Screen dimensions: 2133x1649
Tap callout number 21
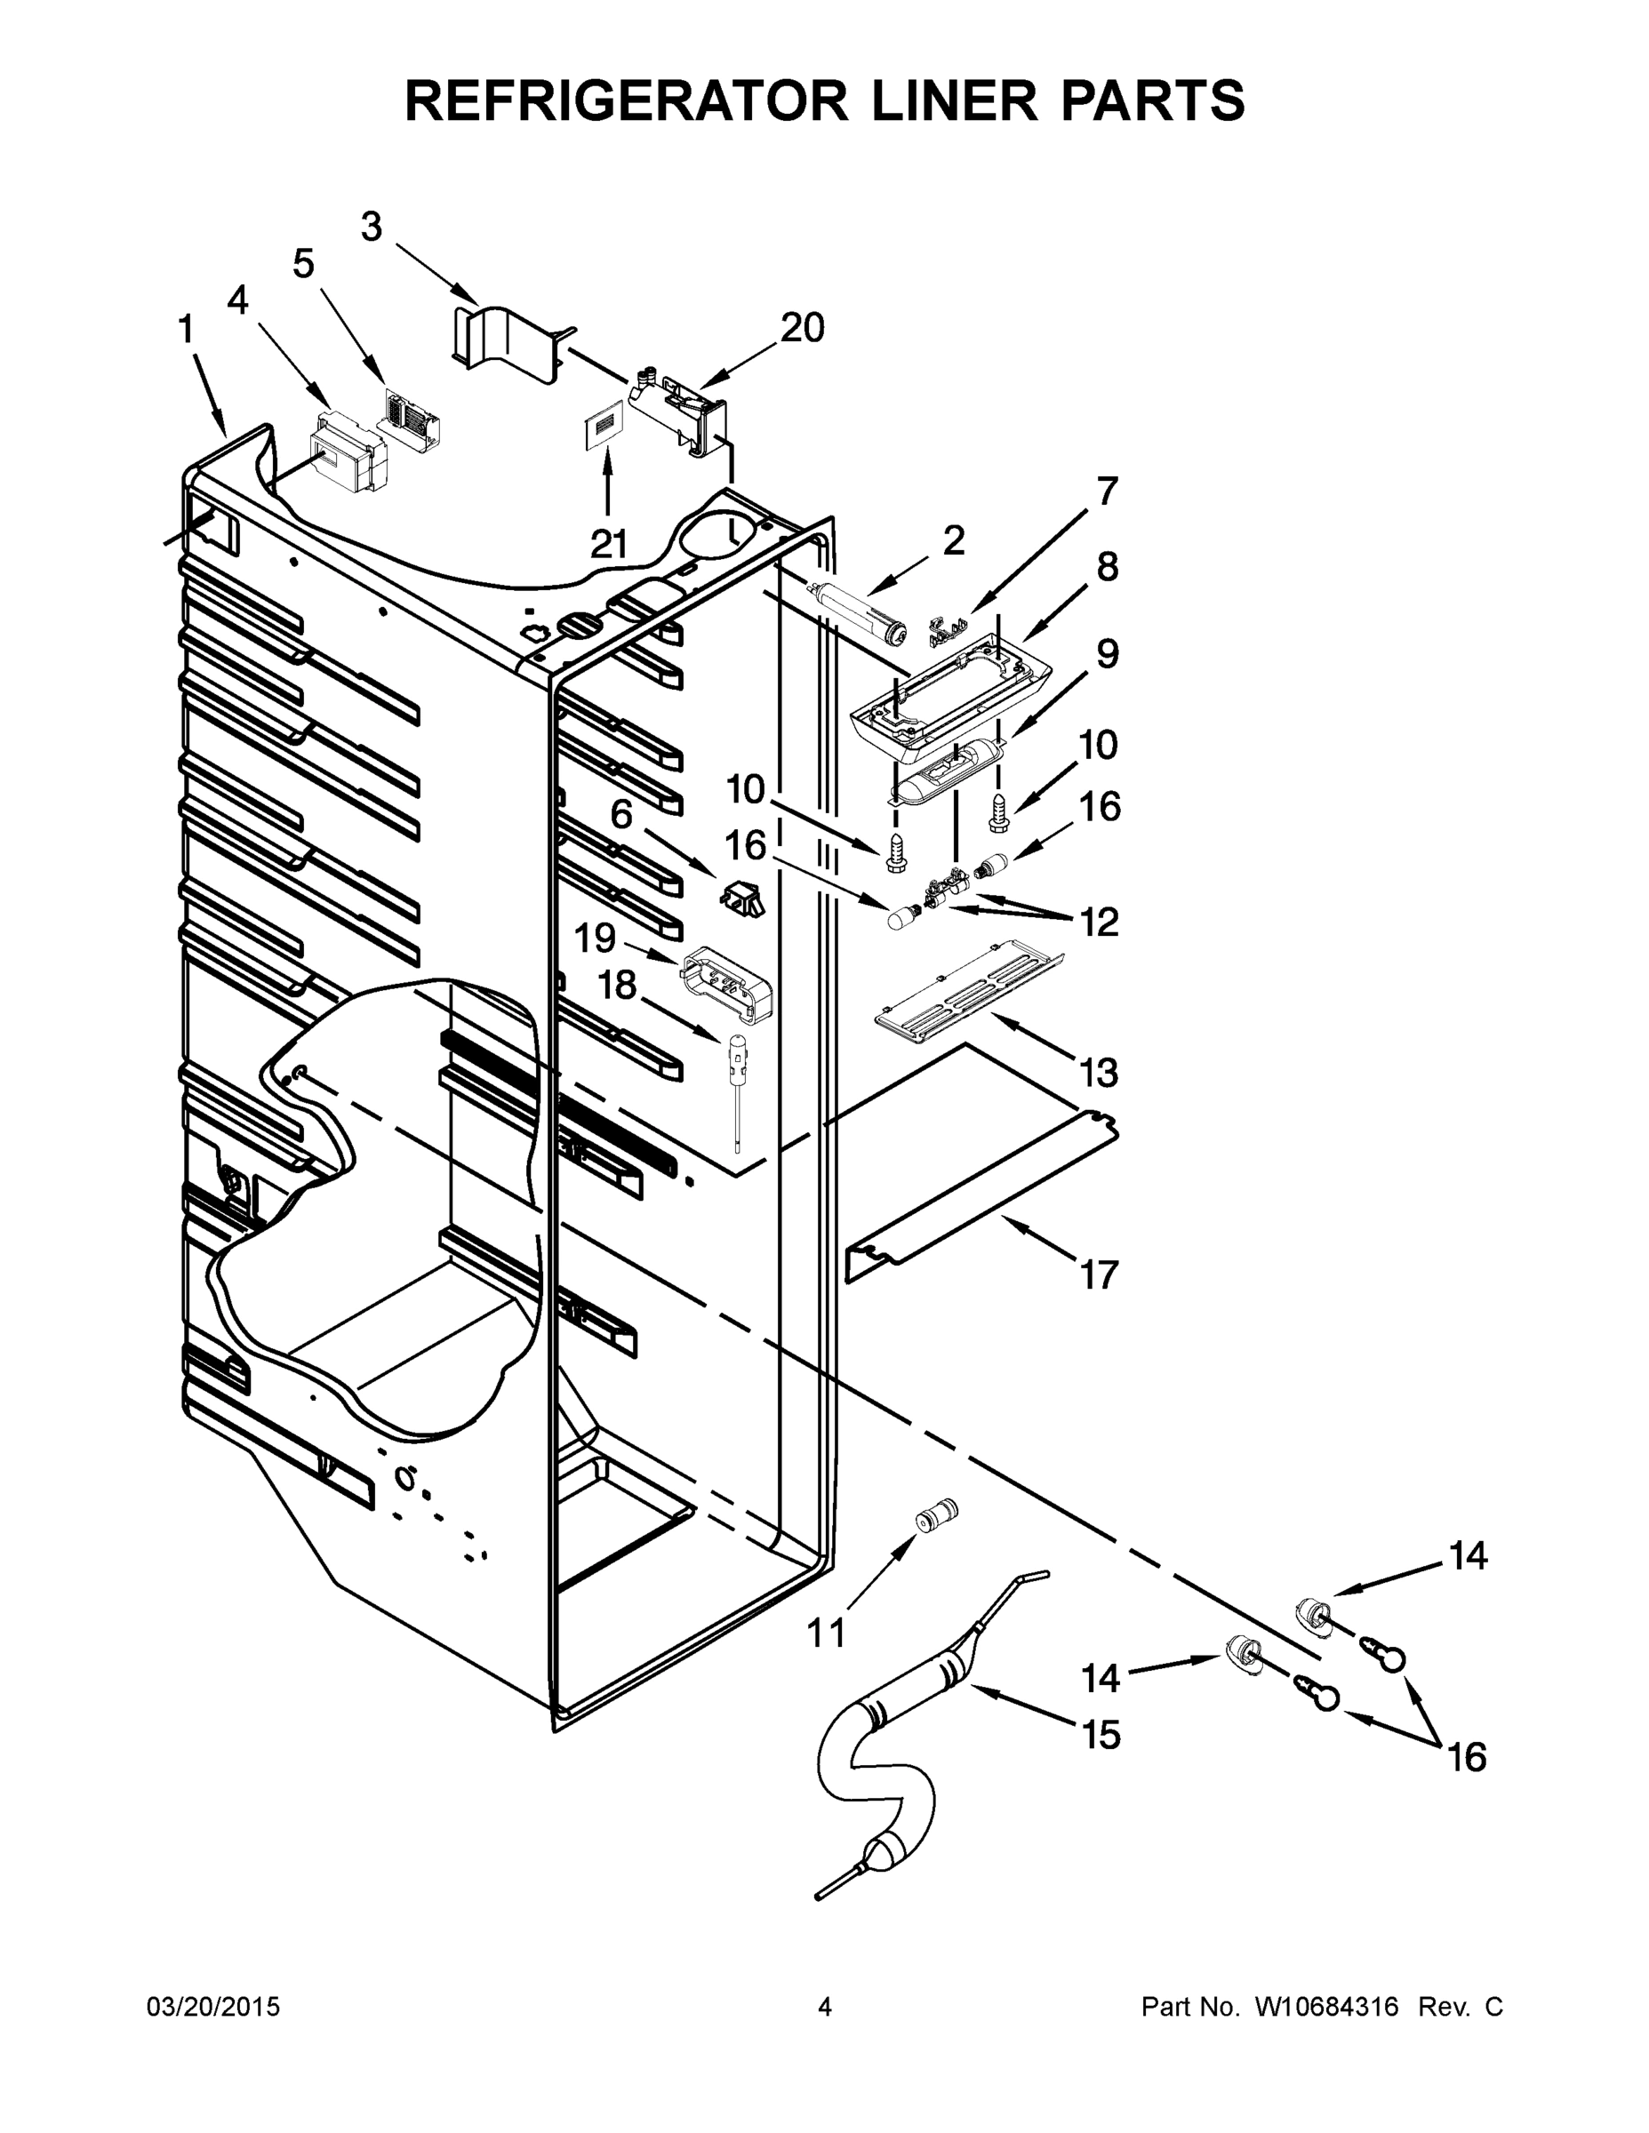click(x=609, y=544)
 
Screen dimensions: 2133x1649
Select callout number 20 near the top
click(x=802, y=328)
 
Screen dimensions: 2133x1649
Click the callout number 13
click(x=1098, y=1073)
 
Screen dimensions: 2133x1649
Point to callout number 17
click(x=1098, y=1274)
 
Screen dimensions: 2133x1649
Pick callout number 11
click(x=827, y=1632)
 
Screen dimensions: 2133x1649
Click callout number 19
click(x=595, y=939)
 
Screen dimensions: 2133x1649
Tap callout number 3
click(x=372, y=227)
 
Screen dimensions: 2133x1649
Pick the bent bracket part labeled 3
click(x=508, y=342)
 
